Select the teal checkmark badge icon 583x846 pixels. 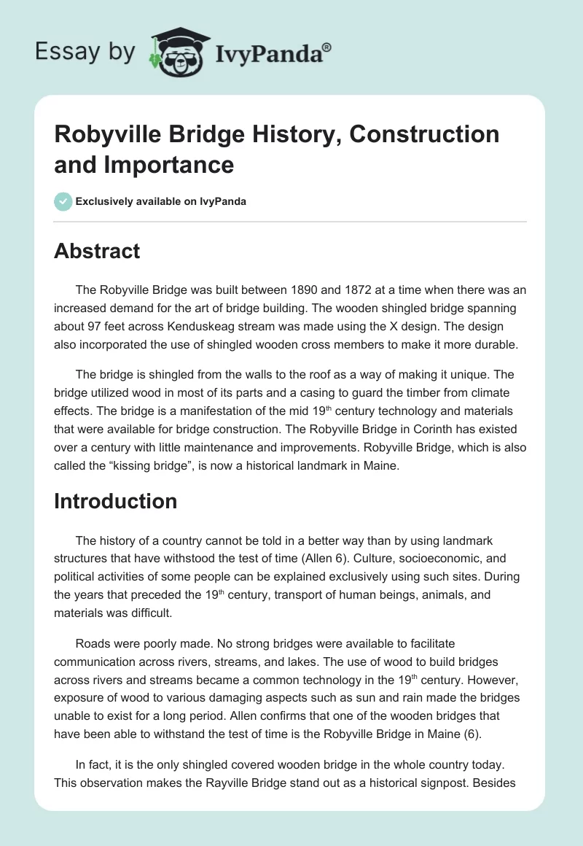click(63, 201)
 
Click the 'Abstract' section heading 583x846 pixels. click(97, 251)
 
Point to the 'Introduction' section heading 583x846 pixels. click(115, 501)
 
